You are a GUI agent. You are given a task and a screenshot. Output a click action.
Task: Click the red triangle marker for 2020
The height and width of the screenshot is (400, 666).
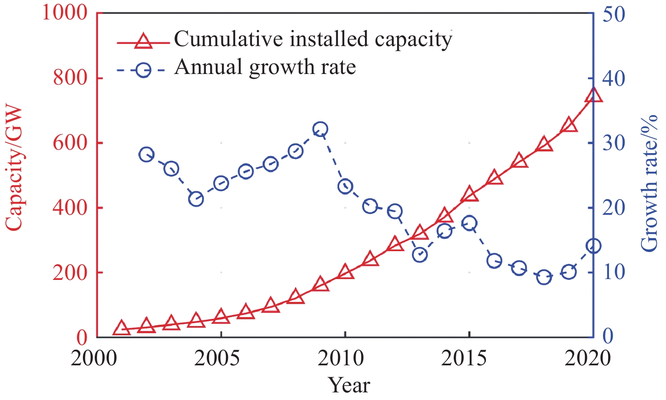593,95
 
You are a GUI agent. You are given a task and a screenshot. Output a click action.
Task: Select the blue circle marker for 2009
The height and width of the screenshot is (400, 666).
320,129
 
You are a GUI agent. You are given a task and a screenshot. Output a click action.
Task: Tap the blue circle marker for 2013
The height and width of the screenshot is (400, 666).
419,255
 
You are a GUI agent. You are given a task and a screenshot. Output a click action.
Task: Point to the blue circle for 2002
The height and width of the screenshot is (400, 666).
146,155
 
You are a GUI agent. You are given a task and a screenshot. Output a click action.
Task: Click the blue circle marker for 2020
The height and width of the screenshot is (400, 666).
593,246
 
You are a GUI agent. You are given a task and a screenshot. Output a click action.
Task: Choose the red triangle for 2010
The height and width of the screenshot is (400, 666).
345,271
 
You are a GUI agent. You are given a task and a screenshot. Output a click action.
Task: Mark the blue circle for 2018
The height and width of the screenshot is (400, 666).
544,277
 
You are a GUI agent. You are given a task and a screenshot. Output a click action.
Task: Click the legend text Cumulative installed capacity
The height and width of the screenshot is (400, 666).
313,39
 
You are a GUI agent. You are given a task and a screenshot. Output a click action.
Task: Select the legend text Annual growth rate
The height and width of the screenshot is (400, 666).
265,67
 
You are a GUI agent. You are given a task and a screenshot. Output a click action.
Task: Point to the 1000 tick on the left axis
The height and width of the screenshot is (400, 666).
65,13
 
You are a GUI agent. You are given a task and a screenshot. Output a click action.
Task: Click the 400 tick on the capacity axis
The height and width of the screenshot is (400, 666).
70,208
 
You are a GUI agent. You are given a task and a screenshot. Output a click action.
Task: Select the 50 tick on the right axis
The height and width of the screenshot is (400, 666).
613,14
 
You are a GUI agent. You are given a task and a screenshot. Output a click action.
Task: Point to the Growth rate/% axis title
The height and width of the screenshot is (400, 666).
650,183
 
